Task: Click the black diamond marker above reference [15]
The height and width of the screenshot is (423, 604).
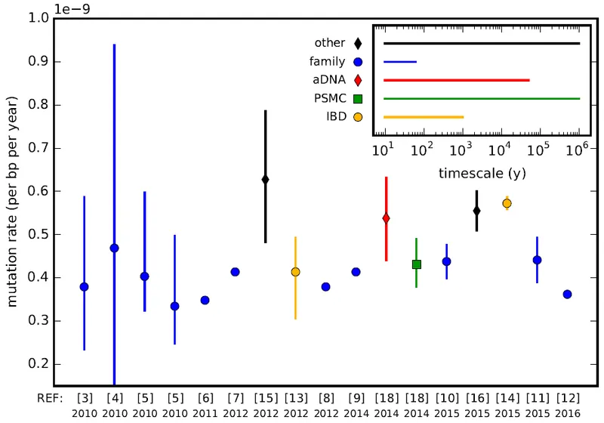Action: pyautogui.click(x=265, y=179)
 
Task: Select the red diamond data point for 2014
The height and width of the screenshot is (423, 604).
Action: pyautogui.click(x=386, y=218)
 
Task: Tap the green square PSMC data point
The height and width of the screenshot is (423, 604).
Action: pyautogui.click(x=416, y=264)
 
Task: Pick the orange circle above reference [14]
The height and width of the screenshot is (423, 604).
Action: pyautogui.click(x=507, y=203)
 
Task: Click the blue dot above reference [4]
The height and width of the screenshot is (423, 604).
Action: pyautogui.click(x=114, y=248)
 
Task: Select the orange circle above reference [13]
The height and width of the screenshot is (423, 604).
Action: pyautogui.click(x=295, y=271)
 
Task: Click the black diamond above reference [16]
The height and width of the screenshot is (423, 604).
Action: pyautogui.click(x=476, y=210)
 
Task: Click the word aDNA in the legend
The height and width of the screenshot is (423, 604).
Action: pyautogui.click(x=328, y=80)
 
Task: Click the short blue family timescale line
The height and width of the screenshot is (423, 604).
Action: pyautogui.click(x=400, y=62)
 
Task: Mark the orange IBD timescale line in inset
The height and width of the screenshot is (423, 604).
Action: pyautogui.click(x=423, y=117)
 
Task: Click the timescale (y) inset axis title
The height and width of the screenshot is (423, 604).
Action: pyautogui.click(x=482, y=173)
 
